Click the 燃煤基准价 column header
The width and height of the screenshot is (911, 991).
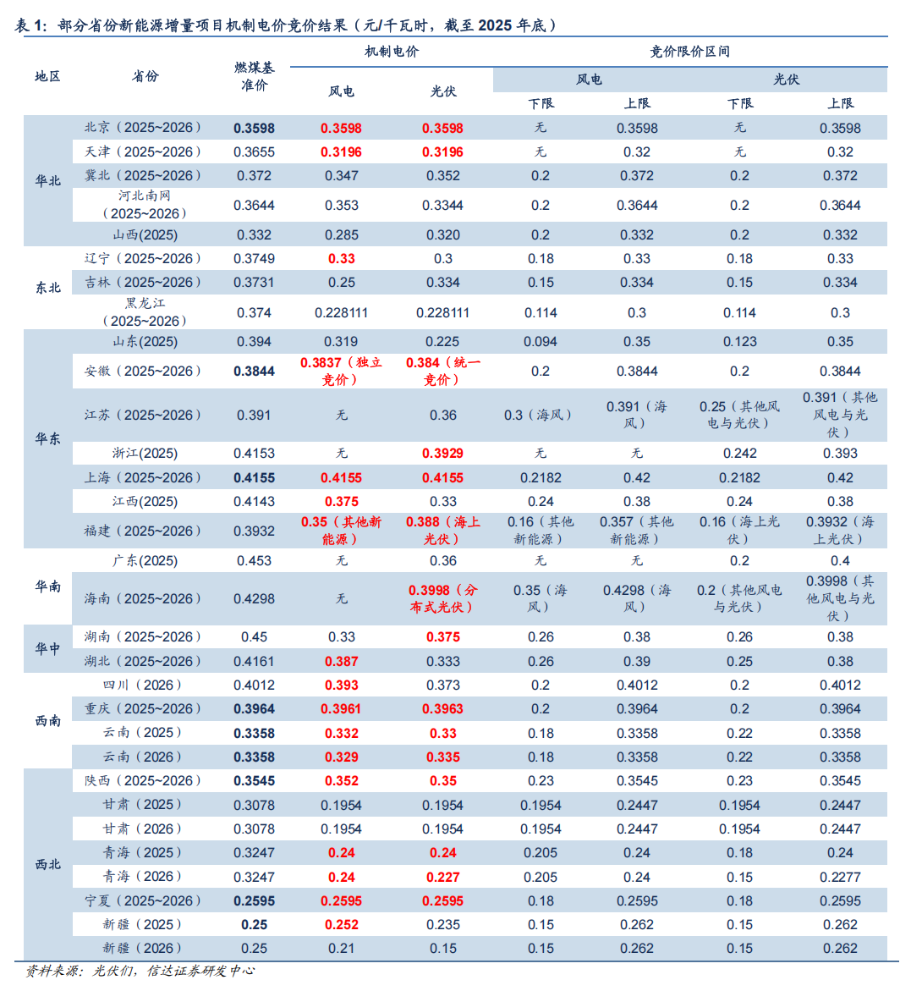pos(254,76)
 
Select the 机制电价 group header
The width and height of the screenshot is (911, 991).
pos(392,52)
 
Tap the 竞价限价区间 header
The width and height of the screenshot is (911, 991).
pos(689,52)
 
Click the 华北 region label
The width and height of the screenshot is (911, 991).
pos(47,180)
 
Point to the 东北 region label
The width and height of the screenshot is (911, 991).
pos(47,288)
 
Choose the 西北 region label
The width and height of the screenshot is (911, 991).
pos(47,864)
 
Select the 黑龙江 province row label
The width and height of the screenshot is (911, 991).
pos(145,311)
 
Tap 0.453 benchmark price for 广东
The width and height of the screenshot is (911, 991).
pos(254,561)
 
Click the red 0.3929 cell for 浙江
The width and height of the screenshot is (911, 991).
pos(442,454)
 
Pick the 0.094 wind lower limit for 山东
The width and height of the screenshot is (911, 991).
pos(541,342)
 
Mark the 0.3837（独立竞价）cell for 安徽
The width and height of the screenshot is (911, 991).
pos(341,371)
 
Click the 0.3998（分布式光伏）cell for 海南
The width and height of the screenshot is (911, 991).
pos(442,598)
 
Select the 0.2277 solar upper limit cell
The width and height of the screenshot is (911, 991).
pos(840,877)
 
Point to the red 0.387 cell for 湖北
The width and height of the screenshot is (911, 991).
pos(341,661)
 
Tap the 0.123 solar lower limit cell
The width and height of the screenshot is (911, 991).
pos(739,342)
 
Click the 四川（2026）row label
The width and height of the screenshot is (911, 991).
pos(142,685)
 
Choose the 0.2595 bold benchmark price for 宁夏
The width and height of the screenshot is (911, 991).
pos(254,901)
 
